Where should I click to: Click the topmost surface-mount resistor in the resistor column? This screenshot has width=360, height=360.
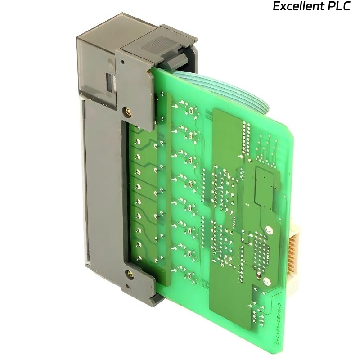(193, 110)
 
